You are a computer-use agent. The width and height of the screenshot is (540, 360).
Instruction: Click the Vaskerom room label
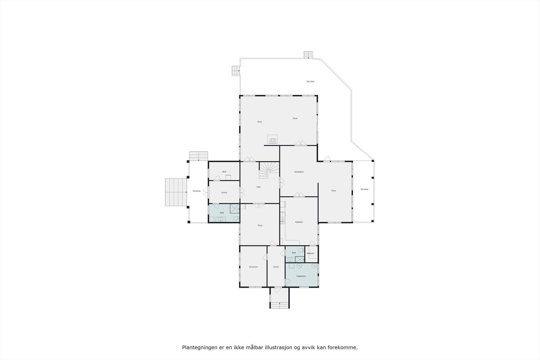(301, 276)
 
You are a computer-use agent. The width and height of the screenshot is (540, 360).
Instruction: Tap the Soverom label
(253, 267)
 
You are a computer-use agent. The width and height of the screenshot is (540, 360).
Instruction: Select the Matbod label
(310, 253)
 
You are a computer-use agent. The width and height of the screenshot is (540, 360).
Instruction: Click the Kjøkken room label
(299, 222)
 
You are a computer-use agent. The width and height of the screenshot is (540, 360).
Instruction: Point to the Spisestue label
(299, 172)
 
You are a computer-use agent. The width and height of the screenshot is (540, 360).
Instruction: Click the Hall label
(258, 187)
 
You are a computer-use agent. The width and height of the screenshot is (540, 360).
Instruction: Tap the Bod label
(224, 172)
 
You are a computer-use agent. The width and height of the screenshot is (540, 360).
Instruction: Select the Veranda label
(196, 191)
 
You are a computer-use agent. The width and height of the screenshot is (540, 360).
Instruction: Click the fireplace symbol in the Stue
(273, 139)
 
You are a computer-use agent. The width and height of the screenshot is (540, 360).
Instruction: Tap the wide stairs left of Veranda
(176, 192)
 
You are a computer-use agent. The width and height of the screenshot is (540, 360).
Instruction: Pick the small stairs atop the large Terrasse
(308, 55)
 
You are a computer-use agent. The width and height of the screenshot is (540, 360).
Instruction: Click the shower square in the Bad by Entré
(235, 209)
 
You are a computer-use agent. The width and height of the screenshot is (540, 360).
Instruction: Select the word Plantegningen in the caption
(198, 347)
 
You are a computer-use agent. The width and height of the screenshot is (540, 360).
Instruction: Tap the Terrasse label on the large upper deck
(310, 81)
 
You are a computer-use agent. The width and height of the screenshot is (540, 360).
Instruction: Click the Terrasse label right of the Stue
(364, 189)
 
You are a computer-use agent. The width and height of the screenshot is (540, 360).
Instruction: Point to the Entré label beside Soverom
(276, 267)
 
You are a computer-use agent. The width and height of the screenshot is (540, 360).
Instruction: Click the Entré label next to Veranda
(224, 193)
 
